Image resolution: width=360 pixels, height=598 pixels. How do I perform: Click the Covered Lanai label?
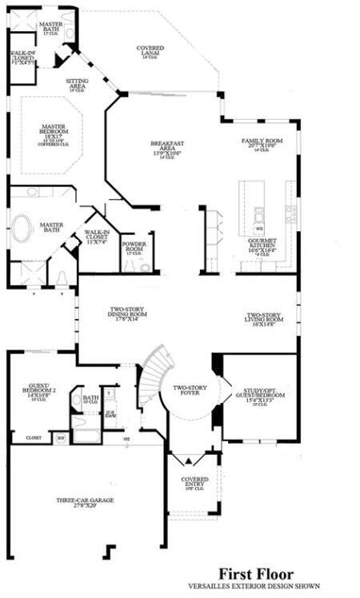point(150,51)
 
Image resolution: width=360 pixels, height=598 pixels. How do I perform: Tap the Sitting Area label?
point(78,84)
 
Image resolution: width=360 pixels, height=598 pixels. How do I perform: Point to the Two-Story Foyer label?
point(190,389)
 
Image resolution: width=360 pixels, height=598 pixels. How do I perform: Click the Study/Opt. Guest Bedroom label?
point(254,395)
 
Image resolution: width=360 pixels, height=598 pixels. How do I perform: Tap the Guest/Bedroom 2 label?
point(37,391)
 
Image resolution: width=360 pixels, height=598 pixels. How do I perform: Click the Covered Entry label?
point(194,482)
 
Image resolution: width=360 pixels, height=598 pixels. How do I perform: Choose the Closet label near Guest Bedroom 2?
point(33,438)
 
